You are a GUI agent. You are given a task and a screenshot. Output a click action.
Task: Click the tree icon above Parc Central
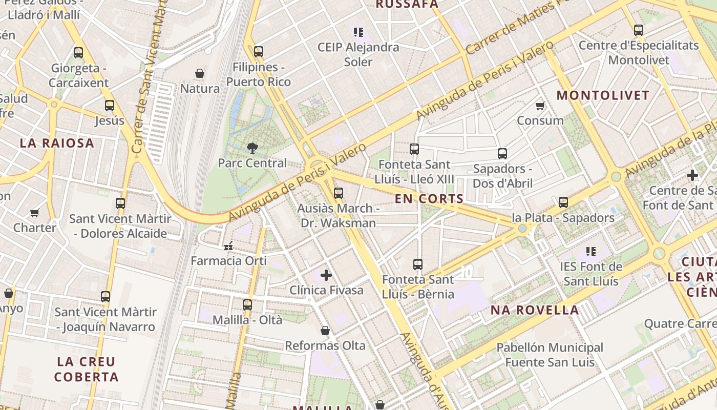pos(252,148)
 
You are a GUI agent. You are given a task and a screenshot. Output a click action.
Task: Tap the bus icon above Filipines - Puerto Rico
pos(259,52)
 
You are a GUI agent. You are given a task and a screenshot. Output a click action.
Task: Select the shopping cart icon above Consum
pos(540,106)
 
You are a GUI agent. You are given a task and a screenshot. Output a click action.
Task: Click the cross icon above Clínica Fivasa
pos(326,276)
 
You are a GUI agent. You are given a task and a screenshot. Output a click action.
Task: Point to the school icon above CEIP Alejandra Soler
pos(358,32)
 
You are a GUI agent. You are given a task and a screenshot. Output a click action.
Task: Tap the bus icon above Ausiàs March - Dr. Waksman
pos(338,193)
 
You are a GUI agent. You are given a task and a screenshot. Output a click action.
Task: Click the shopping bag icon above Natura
pos(200,74)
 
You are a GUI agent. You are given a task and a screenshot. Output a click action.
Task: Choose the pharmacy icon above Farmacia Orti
pos(228,247)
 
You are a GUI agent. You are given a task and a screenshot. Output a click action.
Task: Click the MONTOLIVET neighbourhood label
pos(603,95)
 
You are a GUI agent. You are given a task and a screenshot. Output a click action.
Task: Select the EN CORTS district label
pos(429,199)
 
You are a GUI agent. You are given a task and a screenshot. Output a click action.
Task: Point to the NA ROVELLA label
pos(535,310)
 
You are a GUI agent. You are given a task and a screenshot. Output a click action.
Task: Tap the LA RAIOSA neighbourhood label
pos(57,143)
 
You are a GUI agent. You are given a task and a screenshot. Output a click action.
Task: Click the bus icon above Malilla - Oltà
pos(247,305)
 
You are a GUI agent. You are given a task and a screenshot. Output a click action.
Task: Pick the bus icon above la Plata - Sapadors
pos(563,202)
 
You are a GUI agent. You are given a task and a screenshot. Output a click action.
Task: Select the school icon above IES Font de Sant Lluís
pos(591,252)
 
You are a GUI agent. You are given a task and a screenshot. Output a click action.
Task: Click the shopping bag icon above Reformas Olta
pos(325,331)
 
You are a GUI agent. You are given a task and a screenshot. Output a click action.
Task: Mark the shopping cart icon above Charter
pos(35,213)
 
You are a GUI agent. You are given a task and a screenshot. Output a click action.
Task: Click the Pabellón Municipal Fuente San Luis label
pos(550,355)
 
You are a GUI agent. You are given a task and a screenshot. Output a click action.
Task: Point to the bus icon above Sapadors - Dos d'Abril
pos(502,154)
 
